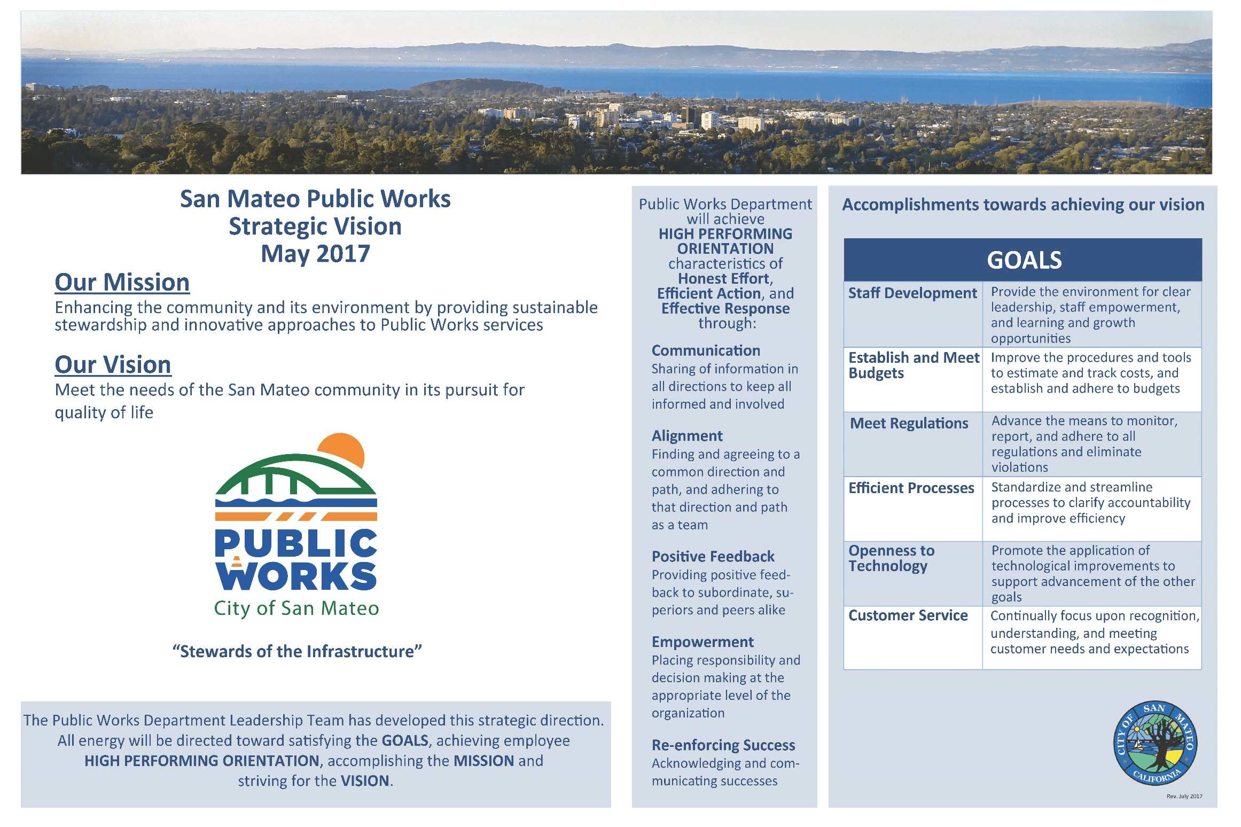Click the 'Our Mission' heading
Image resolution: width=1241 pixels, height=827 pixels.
pos(122,283)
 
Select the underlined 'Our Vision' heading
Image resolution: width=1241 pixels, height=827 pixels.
pos(113,365)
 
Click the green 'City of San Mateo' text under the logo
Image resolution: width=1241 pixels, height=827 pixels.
pos(296,608)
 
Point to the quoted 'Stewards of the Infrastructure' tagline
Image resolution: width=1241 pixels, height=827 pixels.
pos(297,652)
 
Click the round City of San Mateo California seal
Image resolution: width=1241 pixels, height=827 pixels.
pos(1155,743)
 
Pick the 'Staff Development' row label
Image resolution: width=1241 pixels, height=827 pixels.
pos(912,293)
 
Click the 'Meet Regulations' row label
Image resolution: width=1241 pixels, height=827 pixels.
pos(909,424)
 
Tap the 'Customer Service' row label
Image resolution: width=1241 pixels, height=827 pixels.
pos(908,615)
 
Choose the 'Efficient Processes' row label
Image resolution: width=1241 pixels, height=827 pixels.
pos(911,488)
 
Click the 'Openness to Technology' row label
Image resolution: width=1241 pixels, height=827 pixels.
pos(892,558)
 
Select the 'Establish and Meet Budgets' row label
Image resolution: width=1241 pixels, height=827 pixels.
pos(914,365)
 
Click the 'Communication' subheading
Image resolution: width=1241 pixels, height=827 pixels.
pos(706,350)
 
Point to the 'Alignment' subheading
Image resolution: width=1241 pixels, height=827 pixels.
pos(687,436)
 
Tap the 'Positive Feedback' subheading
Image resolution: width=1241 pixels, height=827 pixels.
pos(713,557)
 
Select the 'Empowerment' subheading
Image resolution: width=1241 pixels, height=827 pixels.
pos(703,642)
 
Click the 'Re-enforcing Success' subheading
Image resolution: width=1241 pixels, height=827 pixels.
pos(723,745)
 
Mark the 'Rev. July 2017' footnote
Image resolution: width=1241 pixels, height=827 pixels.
pos(1184,797)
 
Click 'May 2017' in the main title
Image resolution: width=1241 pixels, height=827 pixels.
pos(315,254)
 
